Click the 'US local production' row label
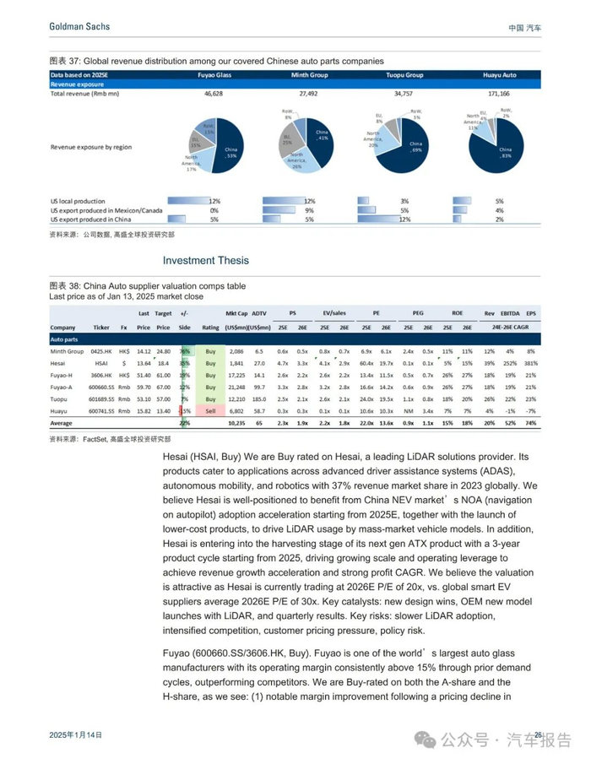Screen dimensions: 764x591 click(x=79, y=201)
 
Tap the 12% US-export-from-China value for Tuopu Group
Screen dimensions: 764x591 click(x=404, y=219)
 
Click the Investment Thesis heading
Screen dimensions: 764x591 click(x=206, y=261)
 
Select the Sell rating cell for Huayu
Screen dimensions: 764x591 click(x=210, y=410)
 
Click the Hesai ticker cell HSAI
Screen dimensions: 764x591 click(x=101, y=362)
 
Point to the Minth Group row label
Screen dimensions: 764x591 click(x=67, y=350)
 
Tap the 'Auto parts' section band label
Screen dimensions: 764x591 click(x=65, y=339)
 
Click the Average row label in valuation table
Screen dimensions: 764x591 click(x=62, y=422)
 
